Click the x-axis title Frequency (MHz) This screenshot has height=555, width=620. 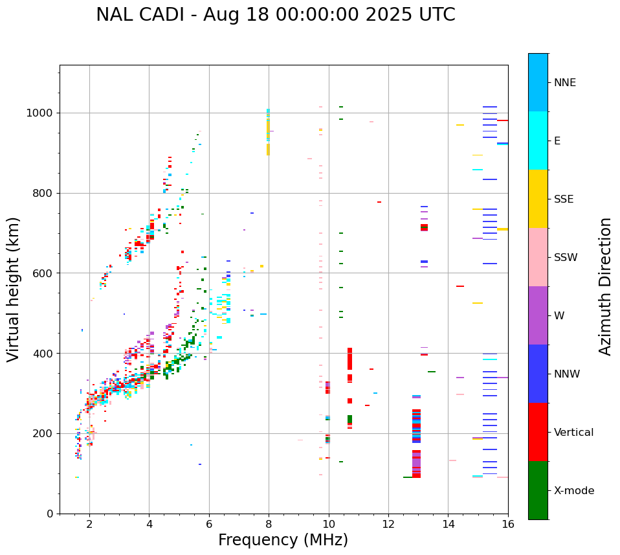[283, 540]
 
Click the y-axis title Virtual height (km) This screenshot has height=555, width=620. [14, 289]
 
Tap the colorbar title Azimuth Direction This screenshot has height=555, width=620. [605, 286]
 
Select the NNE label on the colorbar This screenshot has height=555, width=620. [564, 83]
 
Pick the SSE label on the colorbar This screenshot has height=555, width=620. [563, 199]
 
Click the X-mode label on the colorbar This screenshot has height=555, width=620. [573, 491]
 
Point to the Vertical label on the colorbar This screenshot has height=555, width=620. [573, 433]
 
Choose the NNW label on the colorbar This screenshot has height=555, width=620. [566, 374]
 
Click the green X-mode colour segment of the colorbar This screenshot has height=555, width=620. [538, 490]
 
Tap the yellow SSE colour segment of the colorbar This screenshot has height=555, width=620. [538, 199]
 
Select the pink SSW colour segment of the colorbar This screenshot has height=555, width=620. [538, 257]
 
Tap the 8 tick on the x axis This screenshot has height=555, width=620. [269, 524]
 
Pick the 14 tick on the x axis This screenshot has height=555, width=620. [448, 524]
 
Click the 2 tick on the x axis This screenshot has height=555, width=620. [89, 524]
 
